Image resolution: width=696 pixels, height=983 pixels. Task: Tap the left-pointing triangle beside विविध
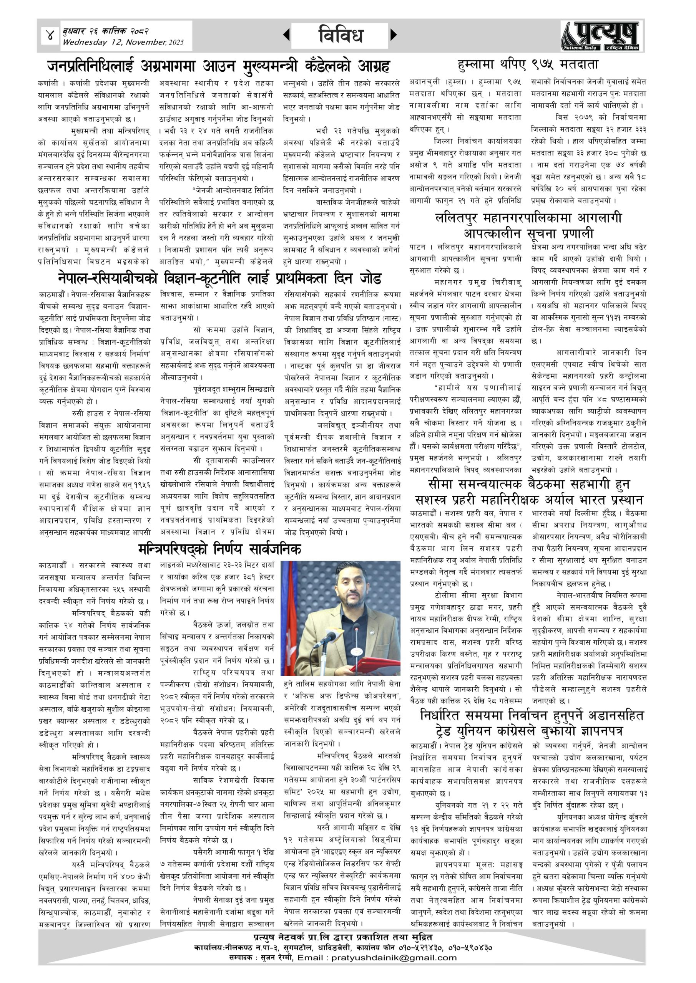pos(286,35)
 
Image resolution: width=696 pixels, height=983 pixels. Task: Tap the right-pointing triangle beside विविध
pos(394,35)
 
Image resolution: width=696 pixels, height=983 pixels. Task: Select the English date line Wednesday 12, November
pos(123,42)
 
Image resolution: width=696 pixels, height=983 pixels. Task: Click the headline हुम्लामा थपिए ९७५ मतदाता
pos(528,65)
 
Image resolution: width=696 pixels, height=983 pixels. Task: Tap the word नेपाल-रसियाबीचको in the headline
pos(108,279)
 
